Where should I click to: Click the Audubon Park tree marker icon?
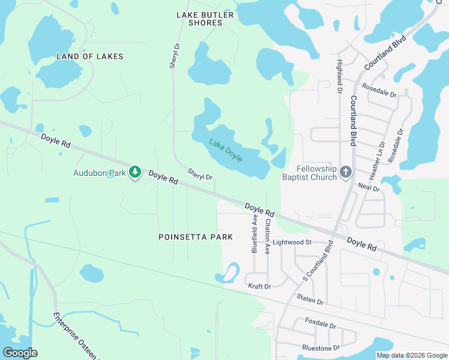(x=136, y=173)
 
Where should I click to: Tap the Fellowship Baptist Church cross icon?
(x=345, y=173)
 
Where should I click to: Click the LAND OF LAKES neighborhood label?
(x=89, y=56)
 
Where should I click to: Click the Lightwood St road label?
(x=292, y=242)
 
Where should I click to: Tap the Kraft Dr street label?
(x=260, y=287)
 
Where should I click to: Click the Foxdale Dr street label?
(x=320, y=324)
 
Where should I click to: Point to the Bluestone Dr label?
(x=321, y=347)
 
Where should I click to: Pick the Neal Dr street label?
(x=369, y=188)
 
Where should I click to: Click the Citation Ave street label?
(x=267, y=235)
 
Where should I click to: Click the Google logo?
(x=20, y=353)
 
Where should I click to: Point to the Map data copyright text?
(x=411, y=355)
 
